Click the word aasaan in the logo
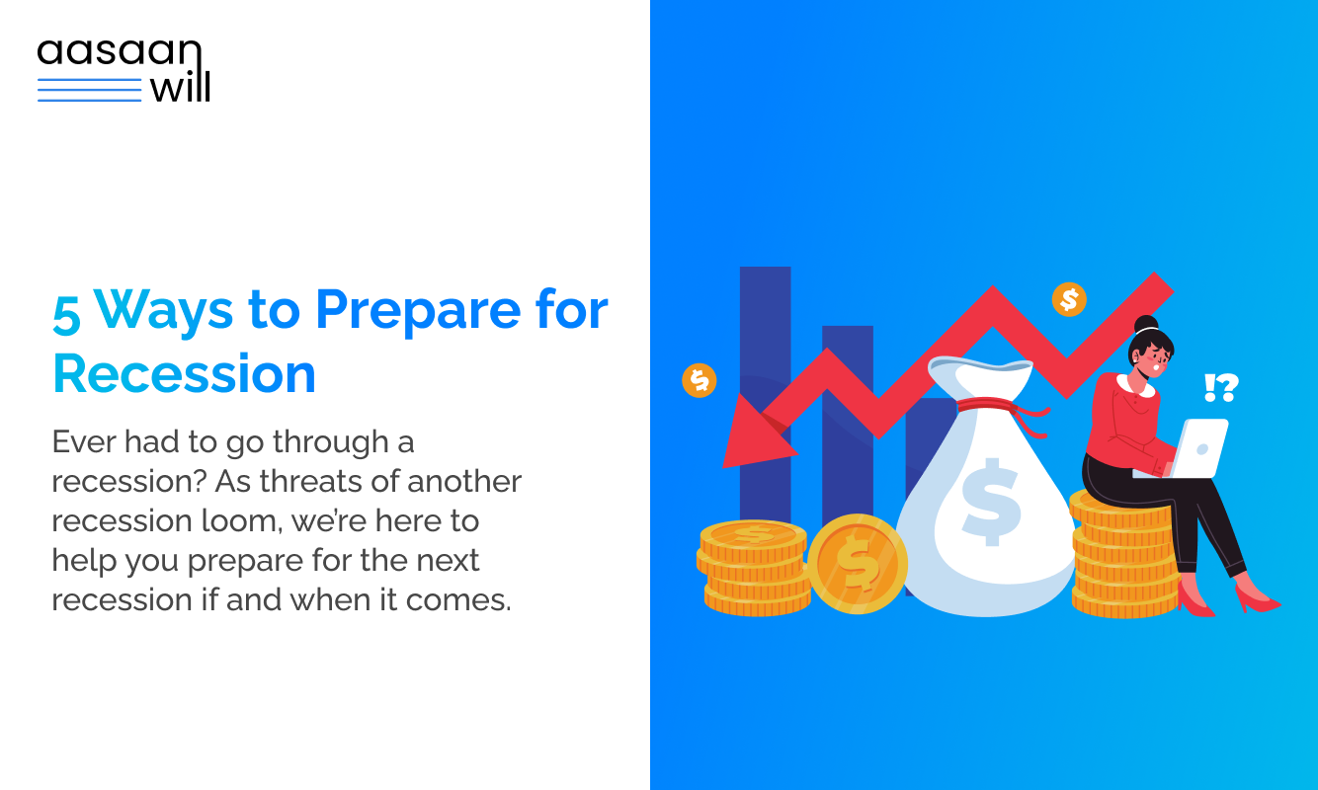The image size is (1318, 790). pyautogui.click(x=119, y=53)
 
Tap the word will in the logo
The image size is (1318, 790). pyautogui.click(x=179, y=88)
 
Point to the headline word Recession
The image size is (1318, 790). pyautogui.click(x=184, y=374)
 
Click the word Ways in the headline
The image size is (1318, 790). pyautogui.click(x=164, y=311)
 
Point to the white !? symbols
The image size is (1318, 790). pyautogui.click(x=1221, y=387)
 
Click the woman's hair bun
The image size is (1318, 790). pyautogui.click(x=1146, y=324)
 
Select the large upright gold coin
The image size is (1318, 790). pyautogui.click(x=857, y=564)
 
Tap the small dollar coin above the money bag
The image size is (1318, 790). pyautogui.click(x=1069, y=299)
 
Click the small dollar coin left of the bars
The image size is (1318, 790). pyautogui.click(x=699, y=380)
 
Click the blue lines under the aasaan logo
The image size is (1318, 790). pyautogui.click(x=89, y=90)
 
